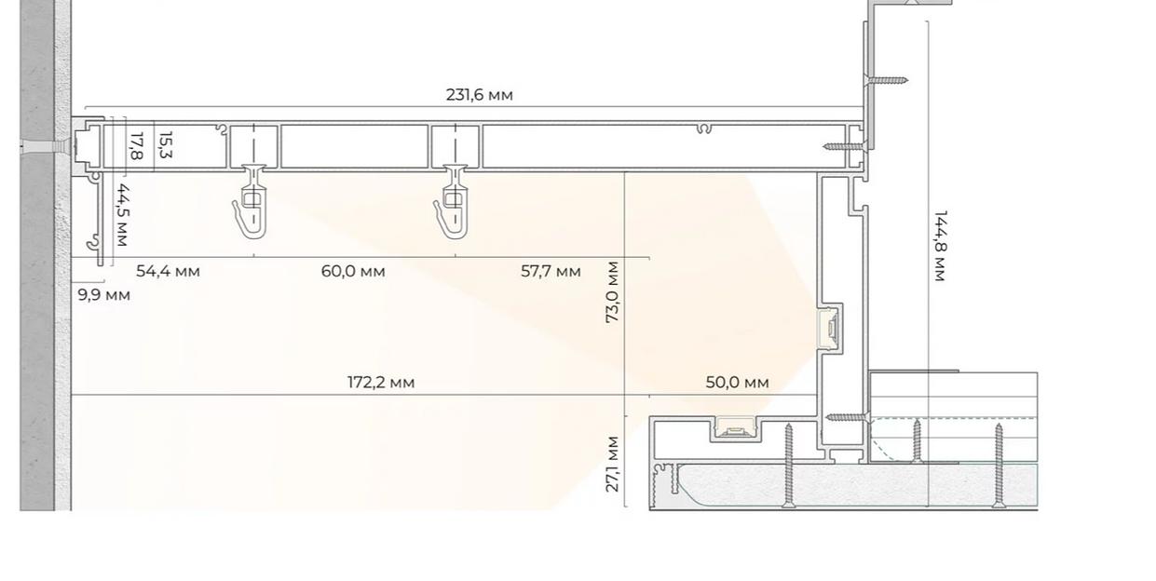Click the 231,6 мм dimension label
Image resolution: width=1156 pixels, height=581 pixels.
[480, 96]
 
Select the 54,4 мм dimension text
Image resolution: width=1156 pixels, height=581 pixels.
[168, 271]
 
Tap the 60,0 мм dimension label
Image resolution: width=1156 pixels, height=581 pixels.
[353, 271]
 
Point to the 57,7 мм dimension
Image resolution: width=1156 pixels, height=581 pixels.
[551, 271]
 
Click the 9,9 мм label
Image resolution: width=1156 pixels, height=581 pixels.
[103, 296]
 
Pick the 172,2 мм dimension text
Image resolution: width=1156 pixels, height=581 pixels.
[381, 383]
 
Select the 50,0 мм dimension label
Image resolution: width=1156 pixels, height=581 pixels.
[737, 383]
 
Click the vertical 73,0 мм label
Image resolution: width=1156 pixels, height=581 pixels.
[612, 292]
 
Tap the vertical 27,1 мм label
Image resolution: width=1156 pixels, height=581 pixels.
[612, 465]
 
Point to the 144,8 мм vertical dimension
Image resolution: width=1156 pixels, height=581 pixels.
[940, 246]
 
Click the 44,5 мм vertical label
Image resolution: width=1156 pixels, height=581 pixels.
[122, 215]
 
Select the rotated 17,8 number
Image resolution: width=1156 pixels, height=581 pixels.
[136, 146]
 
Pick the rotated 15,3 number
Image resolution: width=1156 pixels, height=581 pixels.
[166, 144]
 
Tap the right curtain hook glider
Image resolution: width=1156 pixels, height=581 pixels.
[453, 202]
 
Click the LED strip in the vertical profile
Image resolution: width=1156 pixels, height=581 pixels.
[832, 328]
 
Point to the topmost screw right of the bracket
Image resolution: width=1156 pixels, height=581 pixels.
[885, 80]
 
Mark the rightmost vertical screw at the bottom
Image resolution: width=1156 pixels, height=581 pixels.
[999, 466]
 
